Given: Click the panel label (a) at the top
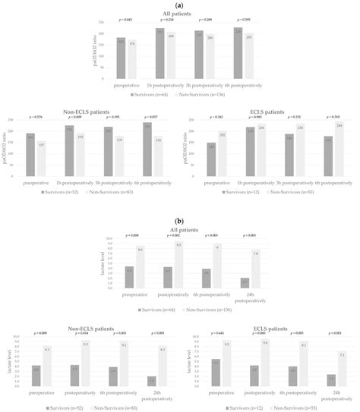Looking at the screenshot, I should [x=180, y=5].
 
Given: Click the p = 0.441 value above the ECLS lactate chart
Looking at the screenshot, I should [x=220, y=332].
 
